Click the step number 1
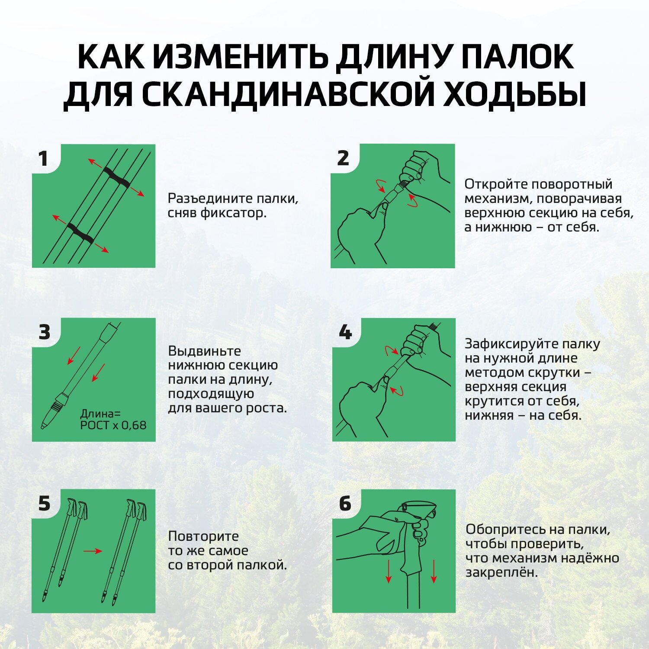(x=43, y=159)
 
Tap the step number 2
(x=343, y=158)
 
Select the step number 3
(x=45, y=332)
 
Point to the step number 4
(x=345, y=332)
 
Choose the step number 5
(x=45, y=504)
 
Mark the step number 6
(x=345, y=504)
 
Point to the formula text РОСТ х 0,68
(x=113, y=425)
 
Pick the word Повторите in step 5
(x=203, y=537)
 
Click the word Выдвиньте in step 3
(x=204, y=351)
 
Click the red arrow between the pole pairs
(x=93, y=551)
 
